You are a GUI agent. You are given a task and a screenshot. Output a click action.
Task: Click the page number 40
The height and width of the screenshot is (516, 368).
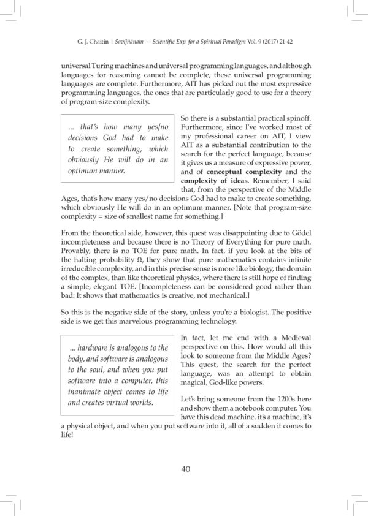pos(184,469)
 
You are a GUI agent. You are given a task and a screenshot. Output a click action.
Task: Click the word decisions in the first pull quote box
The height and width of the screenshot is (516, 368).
pos(88,138)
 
